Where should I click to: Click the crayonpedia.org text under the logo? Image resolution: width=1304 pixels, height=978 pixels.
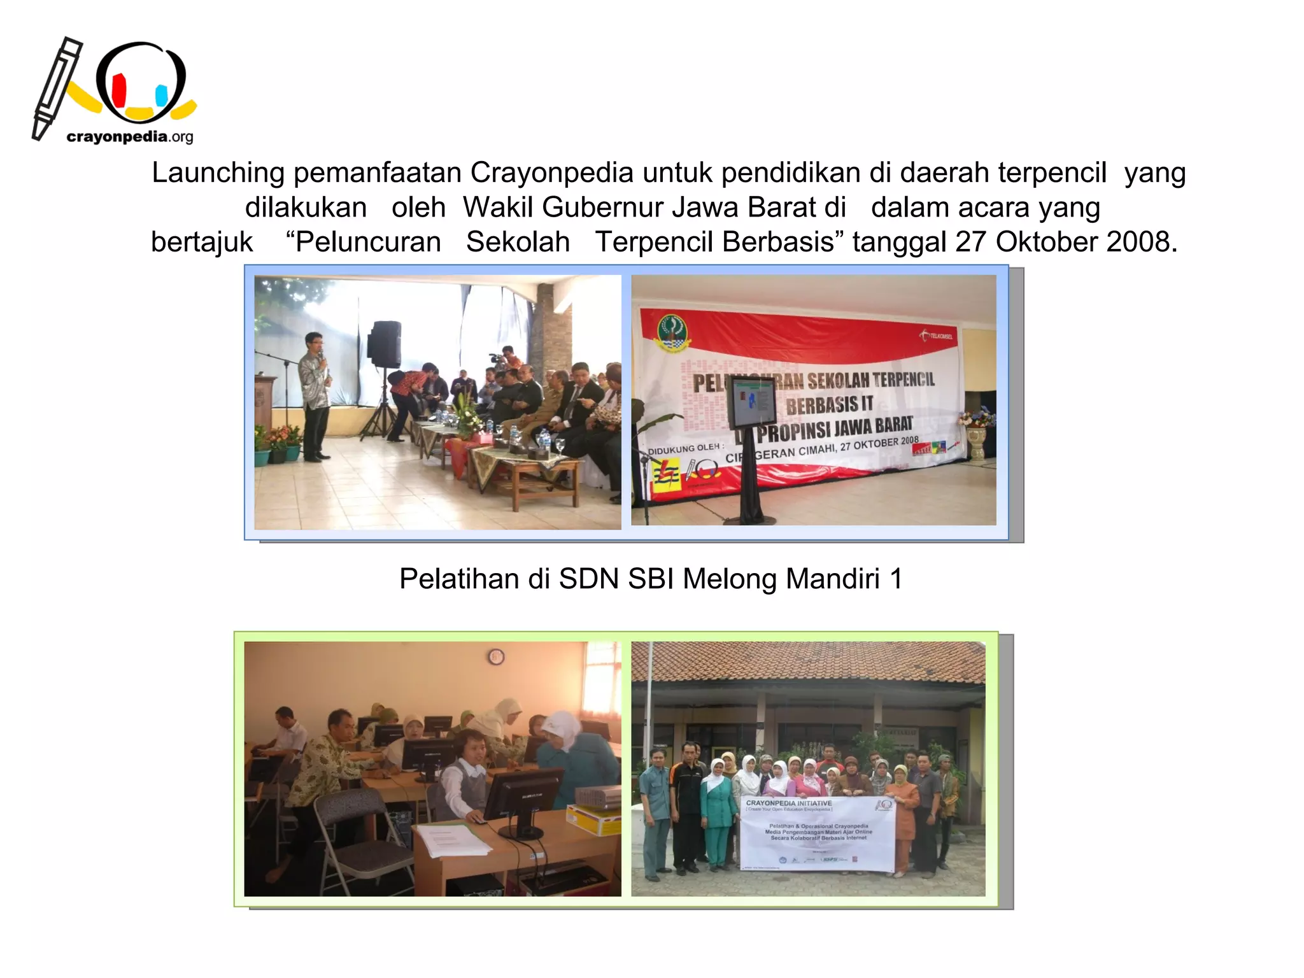pyautogui.click(x=129, y=136)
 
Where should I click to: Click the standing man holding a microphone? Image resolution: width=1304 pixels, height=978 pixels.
pyautogui.click(x=315, y=395)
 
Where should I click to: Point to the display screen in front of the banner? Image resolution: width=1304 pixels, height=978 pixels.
pyautogui.click(x=753, y=401)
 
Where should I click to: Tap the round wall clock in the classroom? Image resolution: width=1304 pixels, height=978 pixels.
pyautogui.click(x=495, y=656)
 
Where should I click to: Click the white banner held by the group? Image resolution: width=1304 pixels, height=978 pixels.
pyautogui.click(x=818, y=833)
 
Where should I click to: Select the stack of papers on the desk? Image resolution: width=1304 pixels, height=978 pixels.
pyautogui.click(x=453, y=840)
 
